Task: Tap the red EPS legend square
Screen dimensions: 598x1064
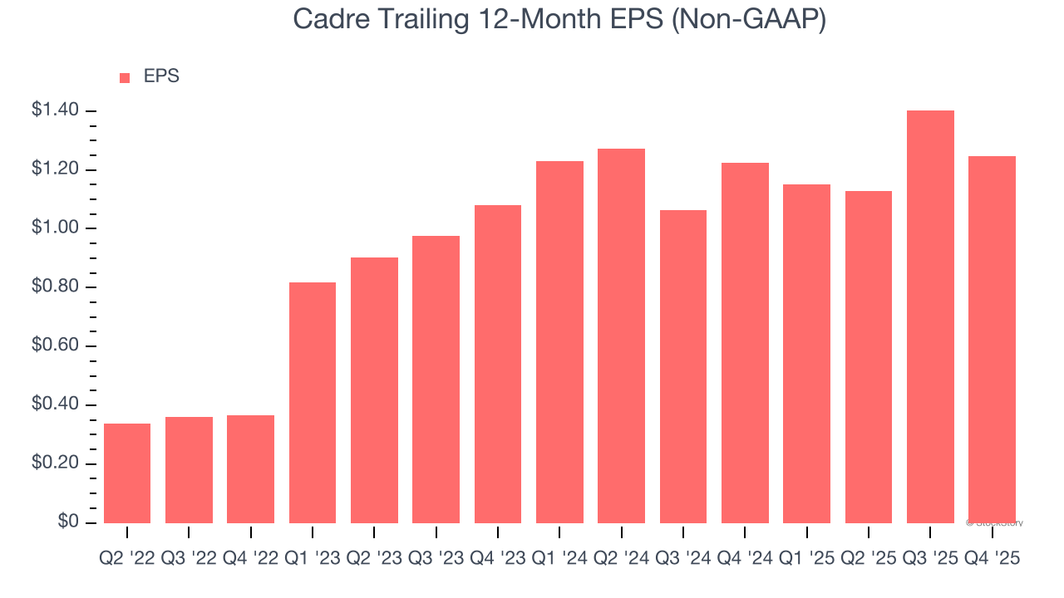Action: coord(125,77)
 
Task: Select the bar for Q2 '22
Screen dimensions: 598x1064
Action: coord(127,473)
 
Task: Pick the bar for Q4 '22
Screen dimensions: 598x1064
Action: coord(250,469)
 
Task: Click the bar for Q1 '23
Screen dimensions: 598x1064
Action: coord(313,403)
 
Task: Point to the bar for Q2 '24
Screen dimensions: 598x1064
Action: coord(621,336)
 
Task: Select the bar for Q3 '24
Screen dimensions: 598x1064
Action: coord(683,366)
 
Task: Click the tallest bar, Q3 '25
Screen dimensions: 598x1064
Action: coord(930,316)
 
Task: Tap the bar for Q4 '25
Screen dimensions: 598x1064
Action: coord(992,340)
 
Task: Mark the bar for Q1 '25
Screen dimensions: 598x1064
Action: coord(806,354)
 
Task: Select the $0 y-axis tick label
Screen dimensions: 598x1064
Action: coord(69,522)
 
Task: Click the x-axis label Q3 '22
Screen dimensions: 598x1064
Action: coord(189,559)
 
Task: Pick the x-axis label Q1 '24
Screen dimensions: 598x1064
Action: coord(559,559)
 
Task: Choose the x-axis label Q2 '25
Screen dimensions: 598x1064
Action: coord(869,559)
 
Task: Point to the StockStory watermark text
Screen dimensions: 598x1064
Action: coord(995,522)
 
